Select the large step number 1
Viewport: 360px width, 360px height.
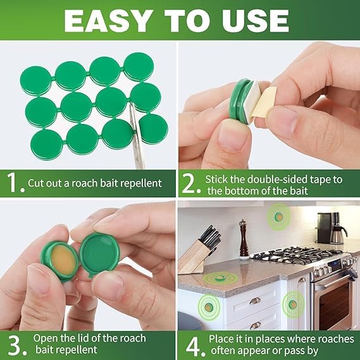pos(13,183)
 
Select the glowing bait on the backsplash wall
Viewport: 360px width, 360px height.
pos(278,217)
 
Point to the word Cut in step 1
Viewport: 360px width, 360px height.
pos(36,183)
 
